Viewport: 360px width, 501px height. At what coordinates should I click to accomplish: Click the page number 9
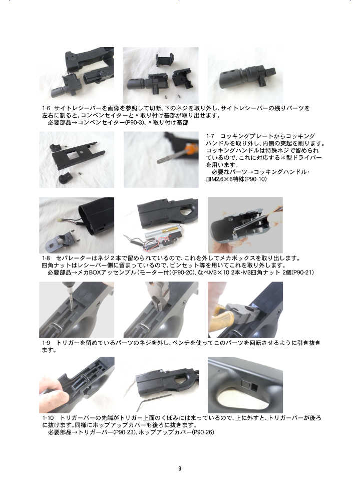coord(180,468)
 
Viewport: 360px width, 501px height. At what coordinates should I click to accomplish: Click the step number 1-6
coord(47,108)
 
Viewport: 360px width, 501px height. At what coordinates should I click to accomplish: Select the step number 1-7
coord(210,136)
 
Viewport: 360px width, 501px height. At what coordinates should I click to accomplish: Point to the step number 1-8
coord(47,258)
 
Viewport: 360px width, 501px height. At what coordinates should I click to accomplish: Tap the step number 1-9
coord(47,343)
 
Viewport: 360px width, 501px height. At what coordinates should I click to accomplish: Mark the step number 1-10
coord(48,418)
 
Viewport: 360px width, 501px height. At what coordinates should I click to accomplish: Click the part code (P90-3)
coord(135,122)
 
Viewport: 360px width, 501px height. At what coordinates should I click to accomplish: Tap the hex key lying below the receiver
coord(152,401)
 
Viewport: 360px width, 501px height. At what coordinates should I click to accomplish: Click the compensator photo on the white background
coord(245,76)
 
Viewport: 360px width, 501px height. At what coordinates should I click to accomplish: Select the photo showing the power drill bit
coord(77,310)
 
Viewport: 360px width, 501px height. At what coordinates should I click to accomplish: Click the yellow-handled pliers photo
coord(245,310)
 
